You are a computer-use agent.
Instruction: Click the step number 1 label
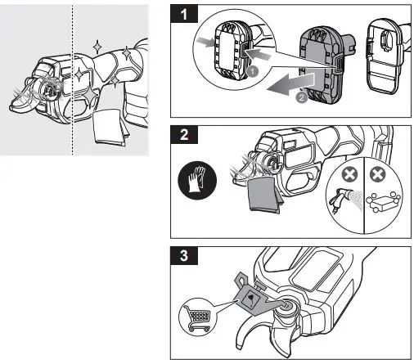184,14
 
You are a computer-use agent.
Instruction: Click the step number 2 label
184,134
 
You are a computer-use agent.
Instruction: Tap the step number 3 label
184,256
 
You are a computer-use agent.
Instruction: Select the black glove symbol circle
197,180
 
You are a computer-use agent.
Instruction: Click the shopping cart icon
198,317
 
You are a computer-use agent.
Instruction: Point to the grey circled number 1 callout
253,72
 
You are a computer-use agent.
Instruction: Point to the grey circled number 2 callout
301,97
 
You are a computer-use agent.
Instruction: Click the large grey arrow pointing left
290,84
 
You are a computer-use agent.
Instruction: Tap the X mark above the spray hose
349,174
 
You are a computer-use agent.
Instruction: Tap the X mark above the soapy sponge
377,174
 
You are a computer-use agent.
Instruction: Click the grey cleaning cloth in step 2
263,195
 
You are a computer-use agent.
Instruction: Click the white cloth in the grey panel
110,127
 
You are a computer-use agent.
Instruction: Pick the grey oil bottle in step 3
252,296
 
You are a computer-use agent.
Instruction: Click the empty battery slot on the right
385,56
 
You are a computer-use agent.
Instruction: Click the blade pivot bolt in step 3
288,305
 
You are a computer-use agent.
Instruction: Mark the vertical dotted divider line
73,80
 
